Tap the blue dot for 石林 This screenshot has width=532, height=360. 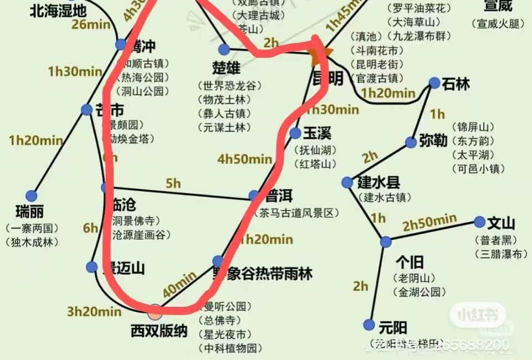(434, 84)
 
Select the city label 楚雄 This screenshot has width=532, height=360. (226, 68)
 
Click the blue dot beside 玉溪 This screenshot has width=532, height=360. (295, 133)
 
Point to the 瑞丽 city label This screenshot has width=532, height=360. (31, 212)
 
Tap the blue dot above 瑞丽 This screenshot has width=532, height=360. (31, 196)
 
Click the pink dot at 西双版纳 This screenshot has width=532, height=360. (155, 312)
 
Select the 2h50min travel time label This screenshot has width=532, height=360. (429, 223)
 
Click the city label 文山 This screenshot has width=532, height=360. (501, 224)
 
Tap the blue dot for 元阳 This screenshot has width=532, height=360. (369, 325)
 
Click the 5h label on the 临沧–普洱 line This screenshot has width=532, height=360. (173, 182)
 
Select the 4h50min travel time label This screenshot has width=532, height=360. (244, 160)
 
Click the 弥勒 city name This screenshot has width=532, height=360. (433, 140)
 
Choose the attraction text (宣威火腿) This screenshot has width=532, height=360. (497, 23)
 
